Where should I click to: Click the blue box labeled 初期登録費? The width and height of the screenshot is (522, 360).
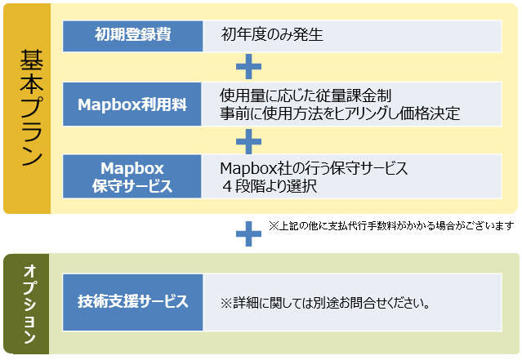tap(132, 35)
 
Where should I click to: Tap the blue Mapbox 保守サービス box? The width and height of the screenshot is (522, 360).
tap(132, 176)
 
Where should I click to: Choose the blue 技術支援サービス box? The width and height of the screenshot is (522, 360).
tap(132, 301)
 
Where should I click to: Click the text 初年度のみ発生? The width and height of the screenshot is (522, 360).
tap(272, 35)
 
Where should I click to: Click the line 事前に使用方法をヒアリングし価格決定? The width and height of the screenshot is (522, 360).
tap(339, 113)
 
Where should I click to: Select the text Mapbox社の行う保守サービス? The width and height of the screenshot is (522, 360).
tap(315, 167)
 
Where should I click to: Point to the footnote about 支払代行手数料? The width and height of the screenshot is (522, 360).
tap(390, 224)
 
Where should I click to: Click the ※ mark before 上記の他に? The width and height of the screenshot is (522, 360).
tap(274, 224)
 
